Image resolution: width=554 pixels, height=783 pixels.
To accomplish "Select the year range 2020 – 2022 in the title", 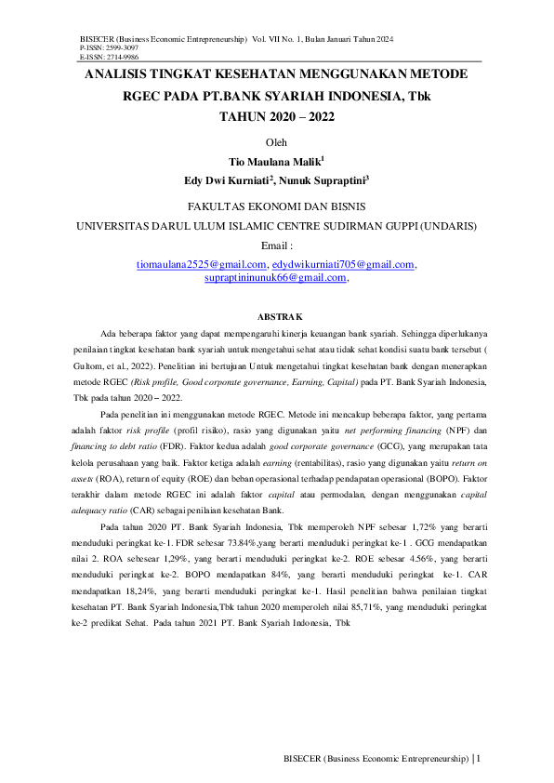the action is pyautogui.click(x=277, y=117).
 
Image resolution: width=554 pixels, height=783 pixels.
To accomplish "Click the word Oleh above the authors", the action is pyautogui.click(x=277, y=142).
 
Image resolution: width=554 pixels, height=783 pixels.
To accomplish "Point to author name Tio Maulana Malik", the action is pyautogui.click(x=275, y=162).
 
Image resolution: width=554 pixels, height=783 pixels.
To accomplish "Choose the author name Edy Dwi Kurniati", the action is pyautogui.click(x=227, y=180).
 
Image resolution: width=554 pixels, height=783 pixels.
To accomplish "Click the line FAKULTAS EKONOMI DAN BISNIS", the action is pyautogui.click(x=277, y=206).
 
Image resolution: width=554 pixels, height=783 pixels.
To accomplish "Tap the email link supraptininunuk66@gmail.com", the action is pyautogui.click(x=275, y=277).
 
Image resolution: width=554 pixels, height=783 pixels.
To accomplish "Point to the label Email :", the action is pyautogui.click(x=276, y=246).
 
